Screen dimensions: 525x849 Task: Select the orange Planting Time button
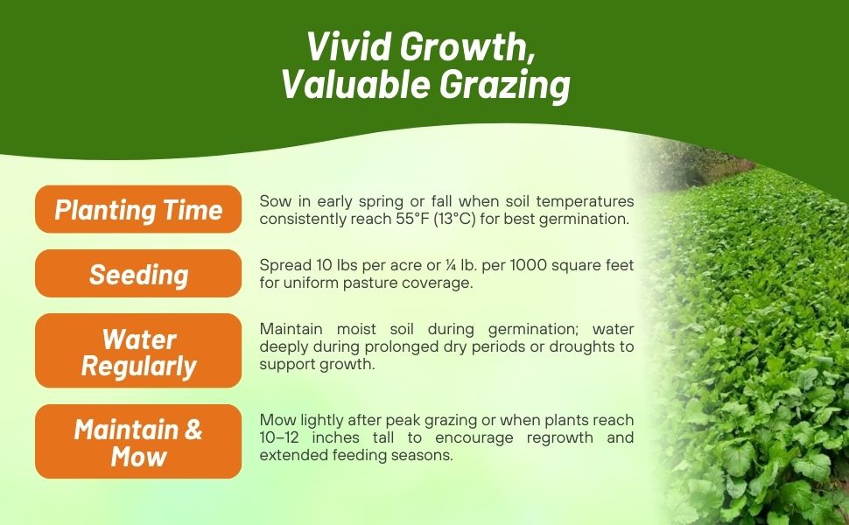tap(138, 210)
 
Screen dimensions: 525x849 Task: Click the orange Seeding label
tap(138, 274)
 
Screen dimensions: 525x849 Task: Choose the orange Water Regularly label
tap(138, 351)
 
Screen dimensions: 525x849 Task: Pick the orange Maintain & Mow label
tap(138, 442)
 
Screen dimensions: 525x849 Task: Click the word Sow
tap(273, 201)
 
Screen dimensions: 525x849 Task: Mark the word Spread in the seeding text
tap(282, 264)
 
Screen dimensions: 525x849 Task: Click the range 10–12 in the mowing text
tap(280, 437)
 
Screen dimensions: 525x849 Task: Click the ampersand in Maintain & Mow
tap(193, 430)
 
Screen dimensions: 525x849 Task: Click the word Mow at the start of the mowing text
tap(275, 421)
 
